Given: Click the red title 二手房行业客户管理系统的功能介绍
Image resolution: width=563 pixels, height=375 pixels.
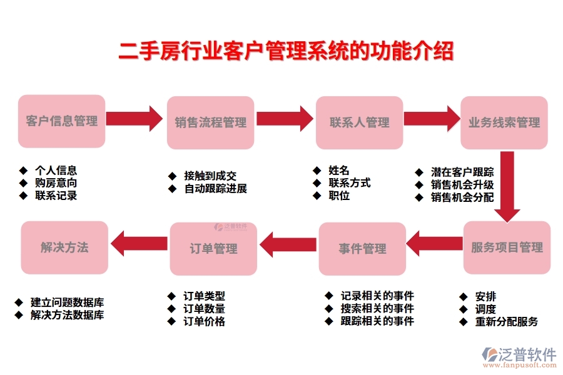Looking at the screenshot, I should pyautogui.click(x=286, y=51).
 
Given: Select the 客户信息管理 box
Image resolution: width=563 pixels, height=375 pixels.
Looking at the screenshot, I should pyautogui.click(x=62, y=121).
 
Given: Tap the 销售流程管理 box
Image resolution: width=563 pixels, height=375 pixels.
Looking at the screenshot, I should pyautogui.click(x=210, y=122).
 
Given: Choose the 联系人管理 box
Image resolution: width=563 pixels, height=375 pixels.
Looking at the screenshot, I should pyautogui.click(x=359, y=122).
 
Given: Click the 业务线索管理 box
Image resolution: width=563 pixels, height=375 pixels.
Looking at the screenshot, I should pyautogui.click(x=504, y=122).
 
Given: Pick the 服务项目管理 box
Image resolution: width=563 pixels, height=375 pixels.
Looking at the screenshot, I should pyautogui.click(x=507, y=247).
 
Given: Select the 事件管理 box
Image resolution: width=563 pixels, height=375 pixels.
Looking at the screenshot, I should pyautogui.click(x=362, y=249).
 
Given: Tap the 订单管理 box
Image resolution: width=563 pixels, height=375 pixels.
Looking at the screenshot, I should pyautogui.click(x=213, y=249).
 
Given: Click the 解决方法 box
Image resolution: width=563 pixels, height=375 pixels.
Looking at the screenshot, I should pyautogui.click(x=64, y=247).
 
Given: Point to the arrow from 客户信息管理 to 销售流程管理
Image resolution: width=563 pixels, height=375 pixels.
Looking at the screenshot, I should pyautogui.click(x=134, y=117).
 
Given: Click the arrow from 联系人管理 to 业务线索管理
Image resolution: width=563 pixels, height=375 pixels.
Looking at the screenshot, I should pyautogui.click(x=431, y=118).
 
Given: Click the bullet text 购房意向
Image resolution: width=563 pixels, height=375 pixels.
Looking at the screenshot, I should pyautogui.click(x=56, y=183).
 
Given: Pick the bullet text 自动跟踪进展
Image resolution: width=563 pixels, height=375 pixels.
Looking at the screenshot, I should pyautogui.click(x=215, y=189).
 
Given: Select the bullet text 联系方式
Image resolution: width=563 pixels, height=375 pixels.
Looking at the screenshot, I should pyautogui.click(x=349, y=183).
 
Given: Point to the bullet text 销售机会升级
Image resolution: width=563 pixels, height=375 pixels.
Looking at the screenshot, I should pyautogui.click(x=462, y=185).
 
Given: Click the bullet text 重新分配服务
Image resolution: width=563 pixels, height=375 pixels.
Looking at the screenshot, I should pyautogui.click(x=506, y=322).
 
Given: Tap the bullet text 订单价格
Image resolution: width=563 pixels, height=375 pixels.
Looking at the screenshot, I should pyautogui.click(x=204, y=322).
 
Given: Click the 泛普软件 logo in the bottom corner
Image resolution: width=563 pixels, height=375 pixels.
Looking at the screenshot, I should pyautogui.click(x=519, y=356).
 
